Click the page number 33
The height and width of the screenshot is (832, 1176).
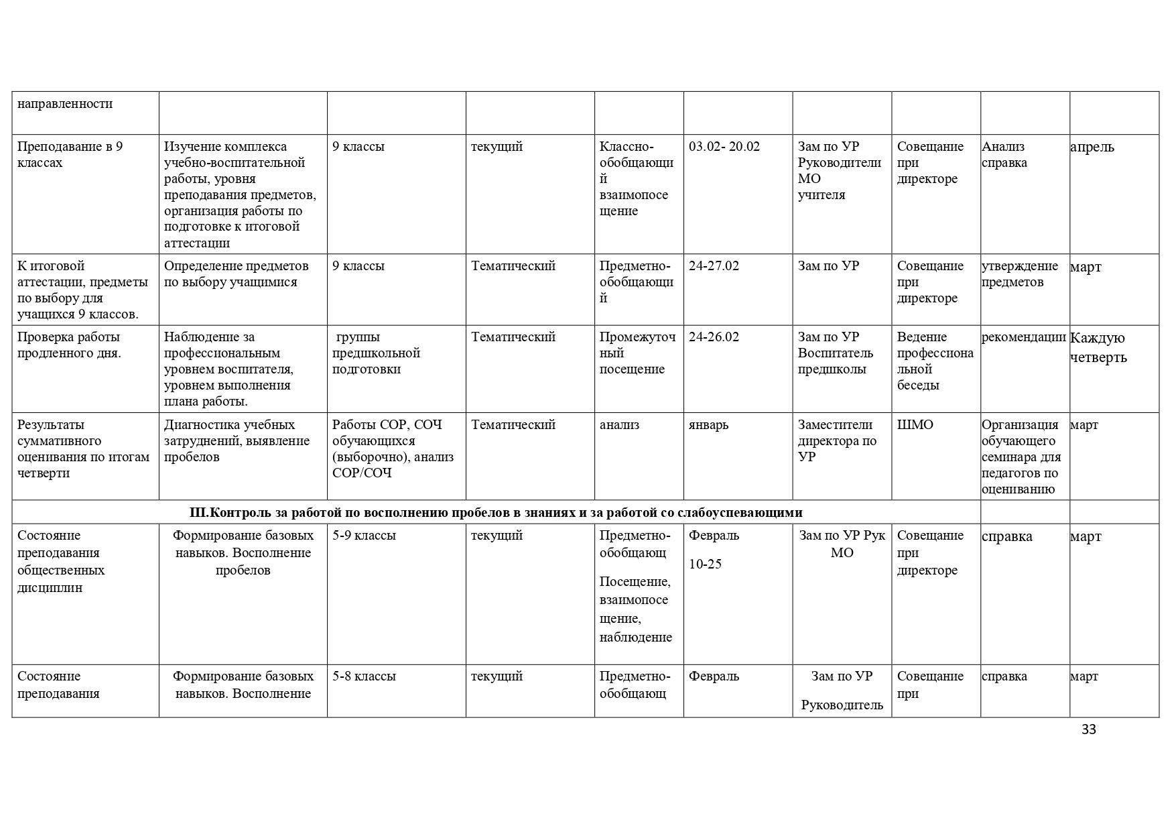[1088, 729]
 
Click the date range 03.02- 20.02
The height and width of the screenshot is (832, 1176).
[724, 147]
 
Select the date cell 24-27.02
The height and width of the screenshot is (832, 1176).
[714, 266]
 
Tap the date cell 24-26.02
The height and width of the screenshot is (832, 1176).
[714, 337]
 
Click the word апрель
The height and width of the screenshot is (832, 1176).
[1092, 147]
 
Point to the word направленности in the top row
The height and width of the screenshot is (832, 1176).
[65, 104]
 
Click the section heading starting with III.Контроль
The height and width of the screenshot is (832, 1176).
[496, 513]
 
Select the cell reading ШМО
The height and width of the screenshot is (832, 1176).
[915, 425]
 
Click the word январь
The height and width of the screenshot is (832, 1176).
[708, 425]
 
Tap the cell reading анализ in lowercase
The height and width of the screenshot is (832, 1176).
[619, 425]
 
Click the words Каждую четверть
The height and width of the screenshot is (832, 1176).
[1098, 347]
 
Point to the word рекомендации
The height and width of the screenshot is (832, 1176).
[1023, 337]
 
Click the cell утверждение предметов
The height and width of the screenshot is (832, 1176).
[1019, 274]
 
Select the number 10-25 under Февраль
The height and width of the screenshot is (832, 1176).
[705, 564]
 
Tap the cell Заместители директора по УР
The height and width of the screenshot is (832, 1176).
[837, 441]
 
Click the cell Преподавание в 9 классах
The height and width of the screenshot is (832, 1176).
[70, 155]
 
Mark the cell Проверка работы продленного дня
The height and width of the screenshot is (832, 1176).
[69, 345]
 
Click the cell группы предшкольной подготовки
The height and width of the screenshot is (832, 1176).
[376, 353]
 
